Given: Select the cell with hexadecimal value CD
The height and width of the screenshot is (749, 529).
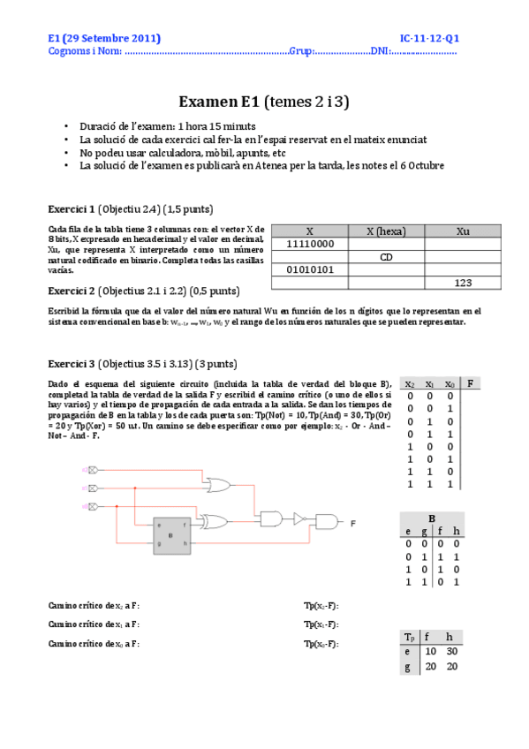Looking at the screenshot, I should [x=386, y=256].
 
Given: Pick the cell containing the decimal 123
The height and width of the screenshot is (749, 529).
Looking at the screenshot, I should [x=463, y=283].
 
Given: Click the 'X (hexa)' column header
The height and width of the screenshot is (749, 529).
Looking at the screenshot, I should [x=386, y=231].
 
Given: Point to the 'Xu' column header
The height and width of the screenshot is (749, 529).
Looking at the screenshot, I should [x=463, y=231].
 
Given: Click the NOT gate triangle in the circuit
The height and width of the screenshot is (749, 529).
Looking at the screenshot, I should [x=299, y=519].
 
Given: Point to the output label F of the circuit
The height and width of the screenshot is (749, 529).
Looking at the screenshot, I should [x=353, y=523].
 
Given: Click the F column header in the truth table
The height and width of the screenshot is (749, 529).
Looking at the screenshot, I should [x=472, y=383].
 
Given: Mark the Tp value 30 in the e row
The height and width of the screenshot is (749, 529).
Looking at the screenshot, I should [x=450, y=651].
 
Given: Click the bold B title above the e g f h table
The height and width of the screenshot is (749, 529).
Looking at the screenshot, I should [x=432, y=518].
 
